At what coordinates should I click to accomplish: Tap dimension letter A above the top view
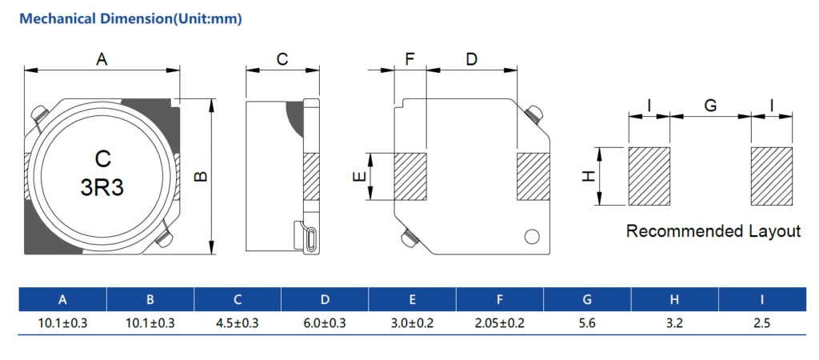[x=102, y=58]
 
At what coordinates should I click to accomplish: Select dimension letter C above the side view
[x=282, y=59]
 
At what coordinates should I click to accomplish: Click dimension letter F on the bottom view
[x=410, y=59]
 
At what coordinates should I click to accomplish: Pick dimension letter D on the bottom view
[x=471, y=59]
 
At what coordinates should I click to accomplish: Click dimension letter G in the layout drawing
[x=709, y=105]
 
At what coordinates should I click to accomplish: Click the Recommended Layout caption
[x=713, y=231]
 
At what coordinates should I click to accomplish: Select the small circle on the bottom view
[x=531, y=237]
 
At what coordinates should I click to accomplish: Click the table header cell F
[x=500, y=300]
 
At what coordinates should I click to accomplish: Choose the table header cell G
[x=587, y=300]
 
